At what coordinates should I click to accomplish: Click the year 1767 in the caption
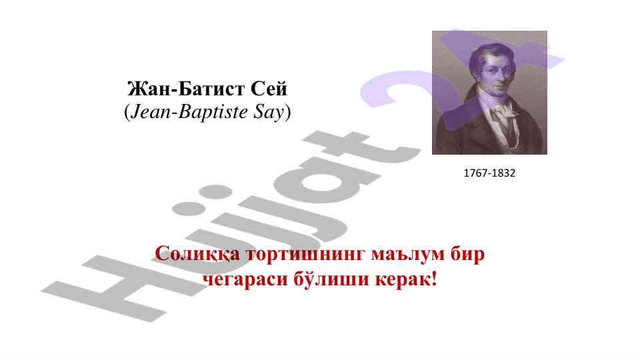tap(475, 173)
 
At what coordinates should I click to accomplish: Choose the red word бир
tap(461, 255)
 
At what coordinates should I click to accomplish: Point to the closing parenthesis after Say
tap(288, 113)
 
